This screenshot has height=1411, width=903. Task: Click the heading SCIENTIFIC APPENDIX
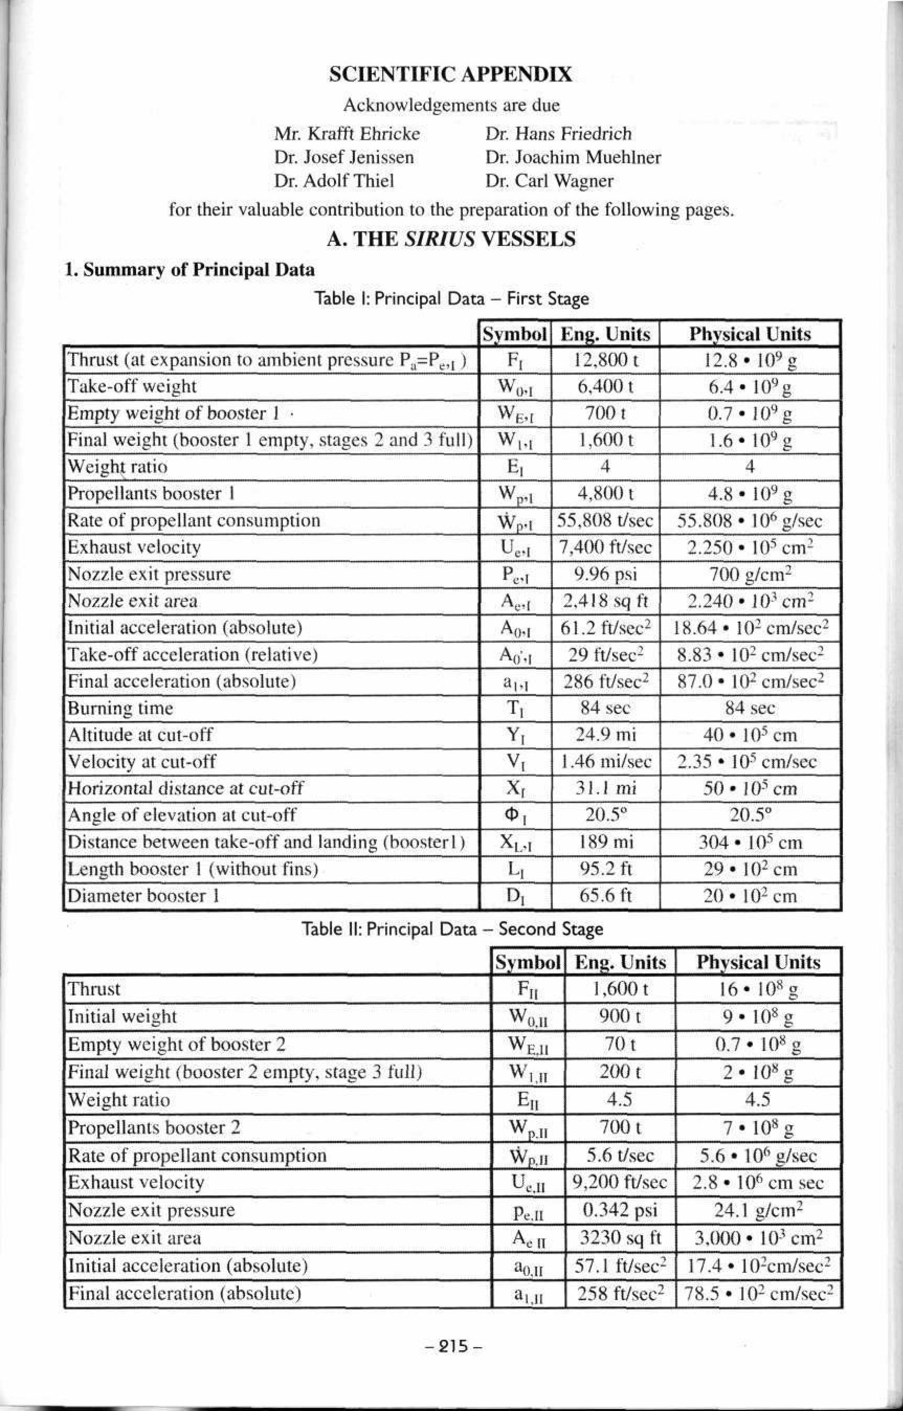(450, 74)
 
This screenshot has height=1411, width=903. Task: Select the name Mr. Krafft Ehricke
(347, 133)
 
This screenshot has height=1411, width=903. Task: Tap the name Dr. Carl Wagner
(549, 181)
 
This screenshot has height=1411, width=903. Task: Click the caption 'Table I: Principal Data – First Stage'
(451, 299)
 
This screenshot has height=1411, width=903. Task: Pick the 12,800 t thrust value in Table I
(605, 360)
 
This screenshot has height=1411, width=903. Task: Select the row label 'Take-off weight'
(132, 386)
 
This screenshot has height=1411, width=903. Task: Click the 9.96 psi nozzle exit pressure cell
(605, 574)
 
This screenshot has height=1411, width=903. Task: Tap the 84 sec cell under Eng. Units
(605, 708)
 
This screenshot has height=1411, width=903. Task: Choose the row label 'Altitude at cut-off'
(140, 735)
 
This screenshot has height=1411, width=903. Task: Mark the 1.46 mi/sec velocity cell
(605, 762)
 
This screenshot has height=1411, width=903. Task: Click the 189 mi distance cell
(605, 843)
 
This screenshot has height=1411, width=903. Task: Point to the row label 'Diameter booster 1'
(143, 895)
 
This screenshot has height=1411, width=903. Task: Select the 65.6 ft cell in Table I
(605, 895)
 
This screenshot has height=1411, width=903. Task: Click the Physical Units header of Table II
(758, 962)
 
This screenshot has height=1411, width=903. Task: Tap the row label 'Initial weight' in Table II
(122, 1016)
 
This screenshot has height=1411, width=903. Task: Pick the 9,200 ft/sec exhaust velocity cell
(620, 1182)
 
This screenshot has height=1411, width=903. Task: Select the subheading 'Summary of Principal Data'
(189, 270)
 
